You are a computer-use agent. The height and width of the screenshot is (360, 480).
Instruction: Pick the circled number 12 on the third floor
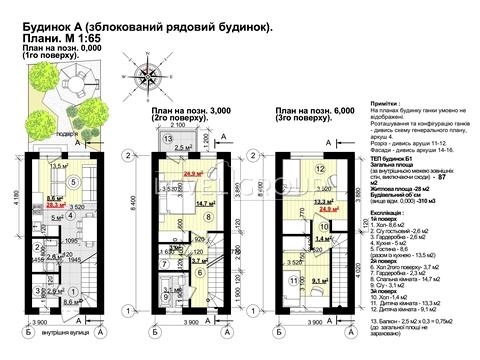coord(321,170)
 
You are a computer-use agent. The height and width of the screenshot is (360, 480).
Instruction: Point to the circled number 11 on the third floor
coord(291,281)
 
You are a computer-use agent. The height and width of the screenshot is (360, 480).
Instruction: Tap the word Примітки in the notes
coord(385,103)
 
